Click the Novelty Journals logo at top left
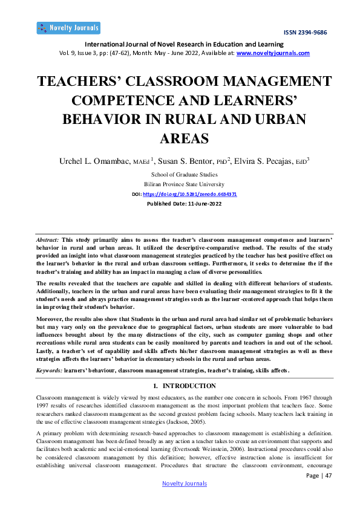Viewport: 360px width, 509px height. (x=68, y=28)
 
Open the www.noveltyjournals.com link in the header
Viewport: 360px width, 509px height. (x=273, y=53)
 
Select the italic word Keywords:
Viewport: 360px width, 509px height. (x=49, y=370)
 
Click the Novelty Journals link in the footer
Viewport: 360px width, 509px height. (x=184, y=484)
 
